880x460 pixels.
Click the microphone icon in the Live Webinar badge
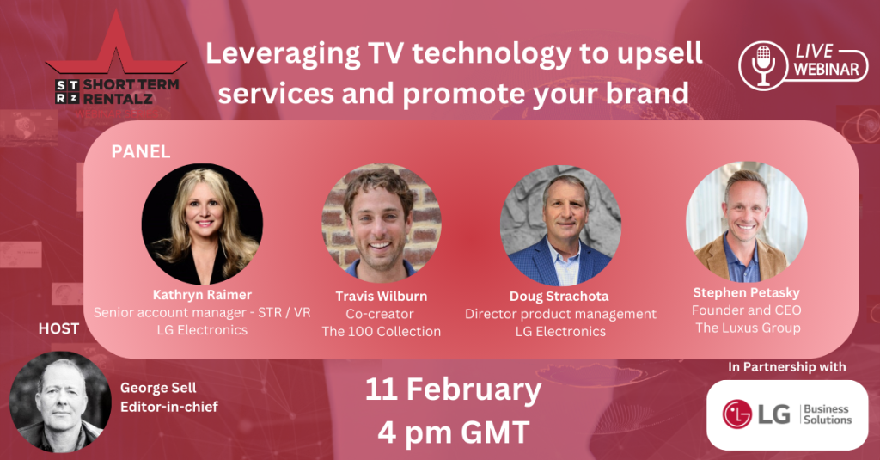tap(763, 65)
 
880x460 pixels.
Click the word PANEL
tap(141, 151)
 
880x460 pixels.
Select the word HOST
tap(59, 328)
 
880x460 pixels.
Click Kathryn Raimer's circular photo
tap(202, 224)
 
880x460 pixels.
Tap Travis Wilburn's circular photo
tap(382, 223)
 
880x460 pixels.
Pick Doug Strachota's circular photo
tap(560, 225)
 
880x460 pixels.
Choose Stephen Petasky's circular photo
tap(747, 222)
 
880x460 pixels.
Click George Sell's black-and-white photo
tap(61, 402)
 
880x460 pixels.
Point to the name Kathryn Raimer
tap(202, 295)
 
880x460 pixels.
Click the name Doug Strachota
tap(559, 296)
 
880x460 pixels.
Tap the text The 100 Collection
tap(381, 331)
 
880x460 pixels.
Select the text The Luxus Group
tap(749, 328)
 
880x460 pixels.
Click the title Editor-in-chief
tap(169, 407)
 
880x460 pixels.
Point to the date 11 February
tap(454, 389)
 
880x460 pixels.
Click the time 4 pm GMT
tap(454, 432)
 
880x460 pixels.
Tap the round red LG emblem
tap(736, 414)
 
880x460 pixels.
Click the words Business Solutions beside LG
tap(828, 414)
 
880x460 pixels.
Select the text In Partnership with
tap(787, 367)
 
